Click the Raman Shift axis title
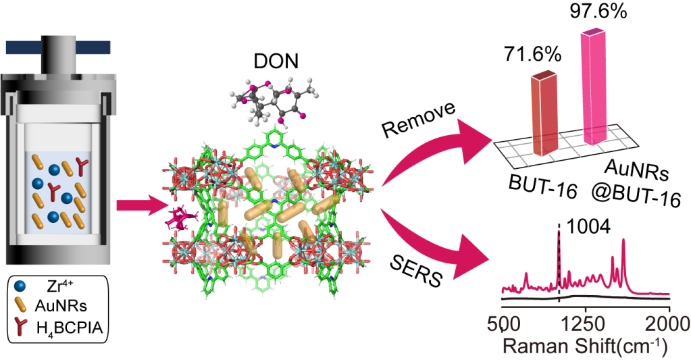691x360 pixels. pyautogui.click(x=585, y=346)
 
